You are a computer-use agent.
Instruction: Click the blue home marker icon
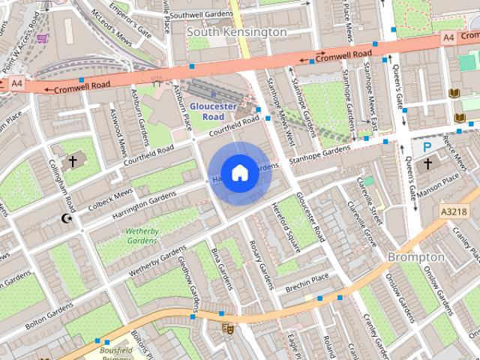pos(239,173)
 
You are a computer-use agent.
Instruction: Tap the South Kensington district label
pos(236,32)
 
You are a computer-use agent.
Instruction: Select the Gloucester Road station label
pos(217,112)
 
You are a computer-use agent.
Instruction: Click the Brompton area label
pos(415,256)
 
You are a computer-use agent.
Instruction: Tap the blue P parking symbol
pos(427,148)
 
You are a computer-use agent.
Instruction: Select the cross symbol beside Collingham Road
pos(73,160)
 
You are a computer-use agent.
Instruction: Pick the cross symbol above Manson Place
pos(427,163)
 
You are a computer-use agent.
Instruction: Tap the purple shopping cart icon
pos(42,38)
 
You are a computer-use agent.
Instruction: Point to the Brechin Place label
pos(307,279)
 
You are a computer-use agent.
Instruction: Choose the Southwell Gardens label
pos(201,15)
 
